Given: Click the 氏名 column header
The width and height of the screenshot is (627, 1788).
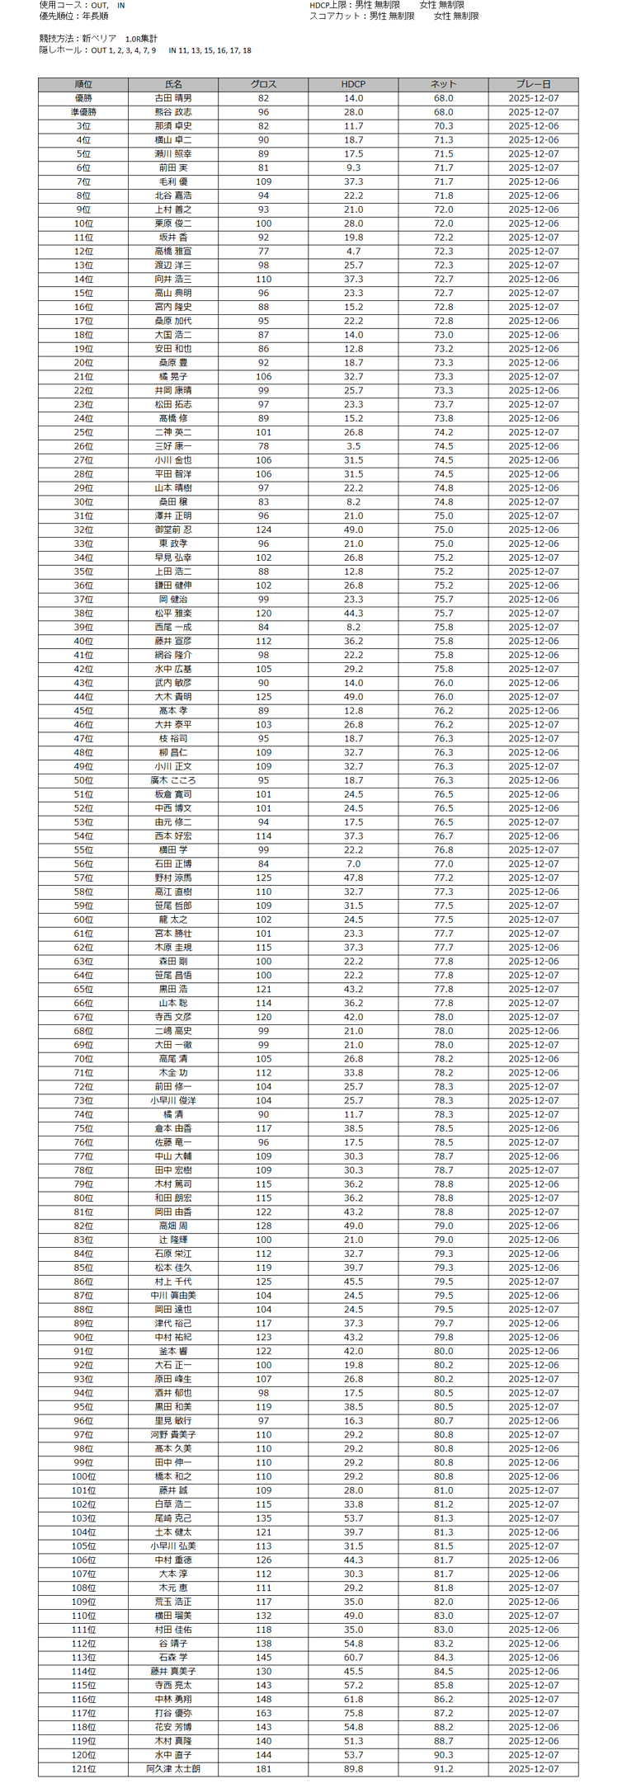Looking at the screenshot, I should [x=173, y=84].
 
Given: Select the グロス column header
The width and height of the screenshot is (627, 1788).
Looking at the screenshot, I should [x=263, y=84].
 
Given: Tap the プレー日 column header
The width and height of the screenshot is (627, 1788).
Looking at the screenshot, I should [x=533, y=84].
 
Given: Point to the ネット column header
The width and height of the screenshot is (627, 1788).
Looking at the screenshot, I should [x=443, y=84].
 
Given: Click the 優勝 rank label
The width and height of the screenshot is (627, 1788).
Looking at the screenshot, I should [x=83, y=98].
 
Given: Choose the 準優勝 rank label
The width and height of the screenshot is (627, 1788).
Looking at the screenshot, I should [x=83, y=112].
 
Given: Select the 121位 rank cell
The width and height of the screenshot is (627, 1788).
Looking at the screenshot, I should [x=83, y=1769].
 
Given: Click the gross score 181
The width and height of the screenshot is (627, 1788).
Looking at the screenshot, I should [x=263, y=1769].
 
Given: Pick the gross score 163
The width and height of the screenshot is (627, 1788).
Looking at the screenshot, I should [x=263, y=1713].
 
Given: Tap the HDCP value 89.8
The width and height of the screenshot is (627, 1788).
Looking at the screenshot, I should [x=353, y=1769].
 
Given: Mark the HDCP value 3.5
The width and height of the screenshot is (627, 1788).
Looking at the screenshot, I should [x=353, y=446].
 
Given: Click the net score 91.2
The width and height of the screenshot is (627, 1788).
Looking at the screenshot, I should [x=443, y=1769].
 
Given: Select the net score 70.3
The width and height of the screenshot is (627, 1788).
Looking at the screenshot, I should [x=443, y=126].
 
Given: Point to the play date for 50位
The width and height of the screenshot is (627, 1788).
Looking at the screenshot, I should [x=533, y=780].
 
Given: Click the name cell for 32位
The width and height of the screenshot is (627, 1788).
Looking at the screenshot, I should [x=173, y=529].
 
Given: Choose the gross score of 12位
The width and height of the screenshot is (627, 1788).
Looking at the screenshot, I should [x=263, y=252].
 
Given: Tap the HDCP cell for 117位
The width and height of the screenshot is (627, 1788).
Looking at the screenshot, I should [x=353, y=1713].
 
